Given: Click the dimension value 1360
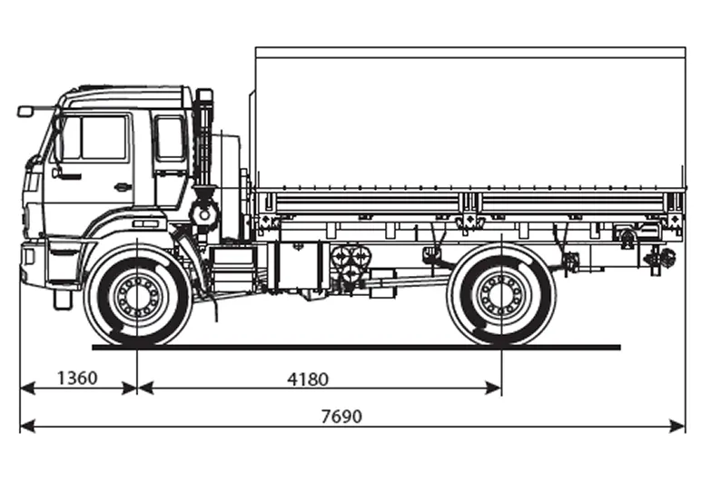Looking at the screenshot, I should (76, 378).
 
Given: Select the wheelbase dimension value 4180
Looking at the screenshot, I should (308, 378).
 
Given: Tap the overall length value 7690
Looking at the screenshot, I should (341, 417).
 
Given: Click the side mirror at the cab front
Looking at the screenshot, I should (25, 112).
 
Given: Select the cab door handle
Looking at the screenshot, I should (123, 187).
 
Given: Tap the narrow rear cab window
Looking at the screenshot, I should (170, 138).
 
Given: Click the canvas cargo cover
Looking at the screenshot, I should (468, 118).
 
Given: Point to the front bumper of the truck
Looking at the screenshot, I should (34, 263).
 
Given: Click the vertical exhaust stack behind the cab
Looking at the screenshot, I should (203, 145).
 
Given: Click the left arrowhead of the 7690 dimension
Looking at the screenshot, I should (25, 426).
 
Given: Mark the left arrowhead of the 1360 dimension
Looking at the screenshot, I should (25, 388).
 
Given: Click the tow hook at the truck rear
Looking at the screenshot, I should (661, 259).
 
